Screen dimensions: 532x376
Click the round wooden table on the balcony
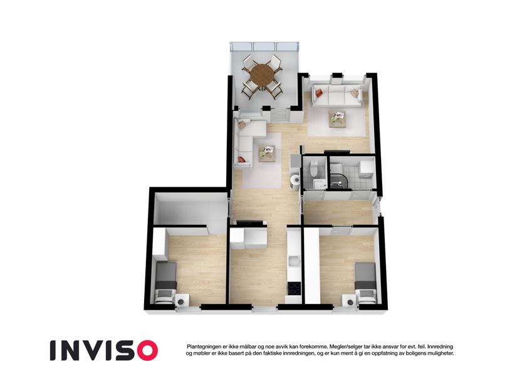(x=261, y=75)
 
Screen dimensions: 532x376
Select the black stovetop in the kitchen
(x=294, y=288)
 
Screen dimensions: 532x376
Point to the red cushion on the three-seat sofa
(x=318, y=92)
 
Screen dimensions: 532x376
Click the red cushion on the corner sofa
(x=241, y=159)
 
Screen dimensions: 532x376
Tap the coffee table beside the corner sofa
(x=268, y=154)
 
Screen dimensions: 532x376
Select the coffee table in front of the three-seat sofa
(x=337, y=119)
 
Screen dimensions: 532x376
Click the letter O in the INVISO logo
(x=145, y=350)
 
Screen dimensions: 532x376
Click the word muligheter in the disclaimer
(x=441, y=353)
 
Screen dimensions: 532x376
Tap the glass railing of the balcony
(x=264, y=46)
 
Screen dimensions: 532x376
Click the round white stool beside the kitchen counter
(x=296, y=179)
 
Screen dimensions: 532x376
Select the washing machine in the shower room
(x=366, y=169)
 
